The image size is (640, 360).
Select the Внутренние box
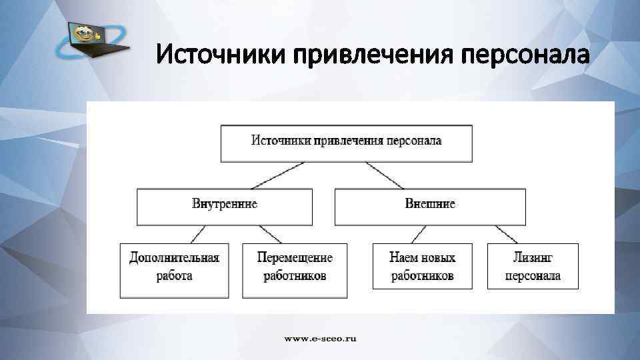pyautogui.click(x=224, y=205)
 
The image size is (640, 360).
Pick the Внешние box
pyautogui.click(x=430, y=205)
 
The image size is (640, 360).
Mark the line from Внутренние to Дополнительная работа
pyautogui.click(x=199, y=234)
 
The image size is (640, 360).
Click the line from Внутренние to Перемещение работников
pyautogui.click(x=269, y=234)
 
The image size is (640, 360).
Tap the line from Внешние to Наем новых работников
pyautogui.click(x=418, y=234)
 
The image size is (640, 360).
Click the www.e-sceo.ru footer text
pyautogui.click(x=321, y=339)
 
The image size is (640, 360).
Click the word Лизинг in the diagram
pyautogui.click(x=533, y=257)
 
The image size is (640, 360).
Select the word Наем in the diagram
pyautogui.click(x=405, y=257)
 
